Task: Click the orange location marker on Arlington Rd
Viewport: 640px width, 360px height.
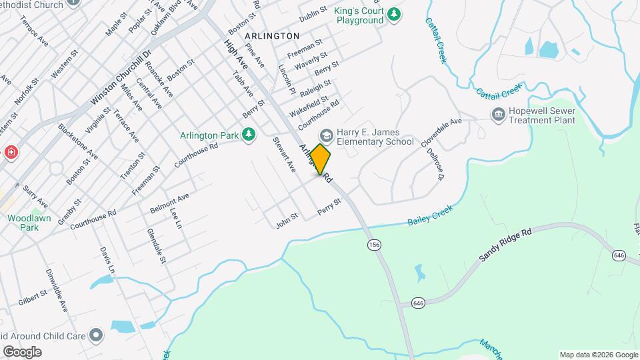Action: coord(321,159)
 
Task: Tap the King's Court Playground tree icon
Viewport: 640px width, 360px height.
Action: coord(395,13)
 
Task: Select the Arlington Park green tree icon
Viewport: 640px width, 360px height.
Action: coord(249,135)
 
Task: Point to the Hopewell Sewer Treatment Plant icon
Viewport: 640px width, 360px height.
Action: coord(497,115)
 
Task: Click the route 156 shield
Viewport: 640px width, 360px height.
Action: coord(374,245)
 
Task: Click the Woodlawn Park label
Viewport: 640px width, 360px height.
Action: coord(23,223)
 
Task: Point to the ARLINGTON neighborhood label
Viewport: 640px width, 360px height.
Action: coord(272,35)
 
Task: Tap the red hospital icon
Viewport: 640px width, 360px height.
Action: coord(11,153)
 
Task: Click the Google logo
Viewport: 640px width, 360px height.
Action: coord(22,351)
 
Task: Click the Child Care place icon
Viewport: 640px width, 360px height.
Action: coord(97,335)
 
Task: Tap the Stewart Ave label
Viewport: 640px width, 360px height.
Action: coord(283,155)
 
